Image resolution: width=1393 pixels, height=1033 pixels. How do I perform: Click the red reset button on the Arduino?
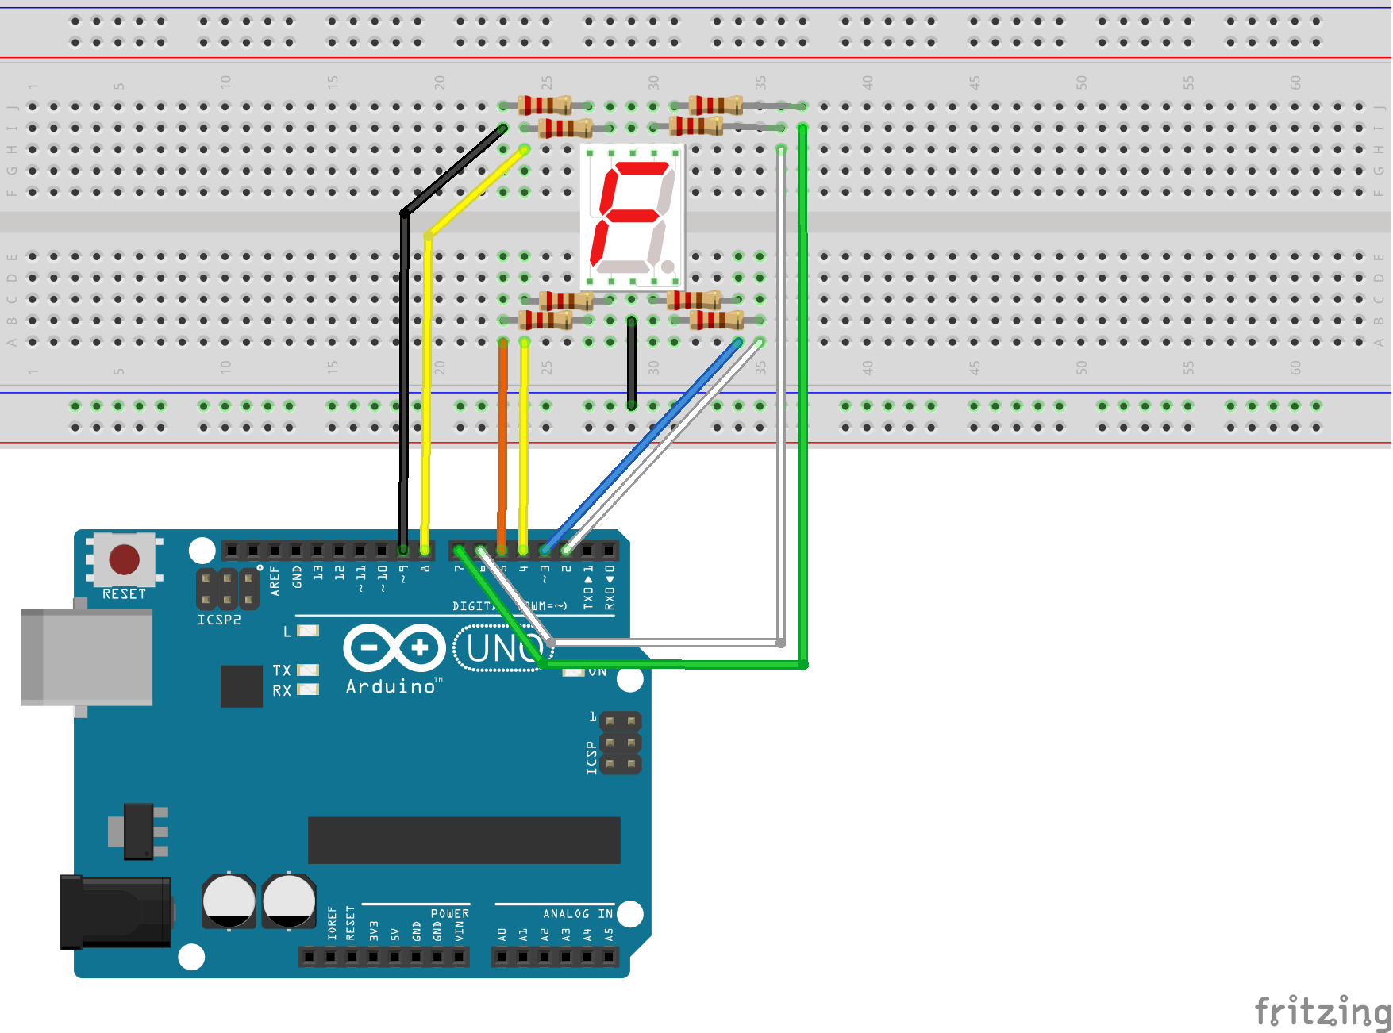click(125, 559)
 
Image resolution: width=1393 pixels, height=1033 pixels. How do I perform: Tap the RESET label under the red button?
click(124, 594)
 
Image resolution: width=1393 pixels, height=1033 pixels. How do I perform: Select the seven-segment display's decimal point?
click(668, 266)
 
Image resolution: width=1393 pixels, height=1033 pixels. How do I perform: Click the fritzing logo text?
click(1322, 1012)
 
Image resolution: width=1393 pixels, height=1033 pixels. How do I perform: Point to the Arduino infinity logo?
click(394, 647)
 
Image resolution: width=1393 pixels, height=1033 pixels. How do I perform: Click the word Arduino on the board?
click(391, 687)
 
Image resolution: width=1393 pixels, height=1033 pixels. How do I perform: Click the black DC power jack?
click(115, 912)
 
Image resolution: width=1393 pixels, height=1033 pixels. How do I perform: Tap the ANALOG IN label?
click(578, 914)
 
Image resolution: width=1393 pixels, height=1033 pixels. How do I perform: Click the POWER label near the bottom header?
click(450, 914)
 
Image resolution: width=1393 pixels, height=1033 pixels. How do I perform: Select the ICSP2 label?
click(219, 620)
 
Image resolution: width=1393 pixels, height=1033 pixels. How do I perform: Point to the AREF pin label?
click(275, 580)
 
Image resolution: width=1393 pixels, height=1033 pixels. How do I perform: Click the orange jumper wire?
click(502, 444)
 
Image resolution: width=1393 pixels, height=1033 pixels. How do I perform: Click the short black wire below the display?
click(631, 363)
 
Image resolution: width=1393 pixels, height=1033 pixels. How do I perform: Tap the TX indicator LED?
click(308, 670)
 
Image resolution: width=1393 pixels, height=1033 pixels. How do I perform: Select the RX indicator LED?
click(308, 689)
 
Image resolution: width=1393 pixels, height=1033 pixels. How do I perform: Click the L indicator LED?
click(308, 631)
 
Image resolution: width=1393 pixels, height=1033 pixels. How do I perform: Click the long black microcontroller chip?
click(464, 840)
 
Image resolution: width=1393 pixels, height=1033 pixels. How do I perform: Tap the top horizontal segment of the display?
click(641, 168)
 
